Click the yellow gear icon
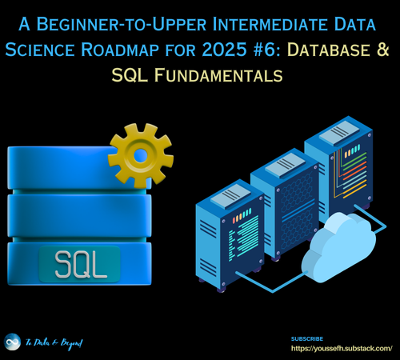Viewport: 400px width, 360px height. pos(140,154)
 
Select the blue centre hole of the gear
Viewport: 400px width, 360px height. pos(140,154)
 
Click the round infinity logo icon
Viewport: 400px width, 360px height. pos(13,342)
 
